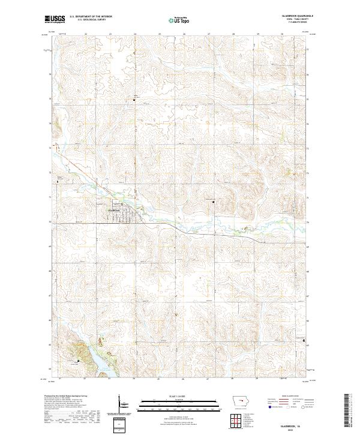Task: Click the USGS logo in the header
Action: [x=55, y=19]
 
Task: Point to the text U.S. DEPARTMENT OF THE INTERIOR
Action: [x=90, y=17]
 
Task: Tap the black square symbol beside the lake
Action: [x=78, y=361]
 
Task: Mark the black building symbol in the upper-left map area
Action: [x=134, y=100]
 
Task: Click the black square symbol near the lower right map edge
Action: [x=304, y=343]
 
